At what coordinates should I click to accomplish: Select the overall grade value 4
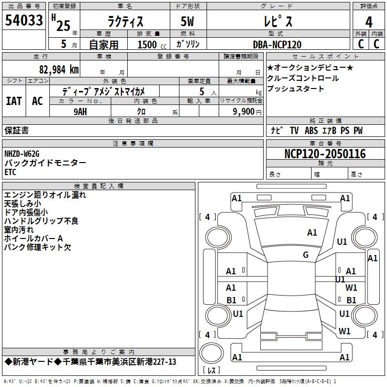pyautogui.click(x=369, y=21)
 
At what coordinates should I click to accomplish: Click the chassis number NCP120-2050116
pyautogui.click(x=325, y=154)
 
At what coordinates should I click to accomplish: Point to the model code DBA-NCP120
pyautogui.click(x=277, y=45)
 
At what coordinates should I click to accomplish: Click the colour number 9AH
pyautogui.click(x=80, y=111)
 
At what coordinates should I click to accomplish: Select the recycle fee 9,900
pyautogui.click(x=244, y=111)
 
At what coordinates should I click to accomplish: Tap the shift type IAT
pyautogui.click(x=14, y=101)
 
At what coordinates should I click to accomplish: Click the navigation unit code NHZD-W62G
pyautogui.click(x=22, y=154)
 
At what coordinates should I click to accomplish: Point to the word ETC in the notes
pyautogui.click(x=11, y=172)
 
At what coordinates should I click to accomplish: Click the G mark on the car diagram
pyautogui.click(x=306, y=255)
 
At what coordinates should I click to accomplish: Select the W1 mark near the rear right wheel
pyautogui.click(x=345, y=331)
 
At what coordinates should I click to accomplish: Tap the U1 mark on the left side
pyautogui.click(x=238, y=313)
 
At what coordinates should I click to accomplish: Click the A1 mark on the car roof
pyautogui.click(x=312, y=233)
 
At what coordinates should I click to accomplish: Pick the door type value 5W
pyautogui.click(x=188, y=21)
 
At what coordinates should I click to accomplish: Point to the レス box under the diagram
pyautogui.click(x=212, y=371)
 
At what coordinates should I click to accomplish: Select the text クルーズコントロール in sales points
pyautogui.click(x=303, y=78)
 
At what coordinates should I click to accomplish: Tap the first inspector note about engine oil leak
pyautogui.click(x=45, y=195)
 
